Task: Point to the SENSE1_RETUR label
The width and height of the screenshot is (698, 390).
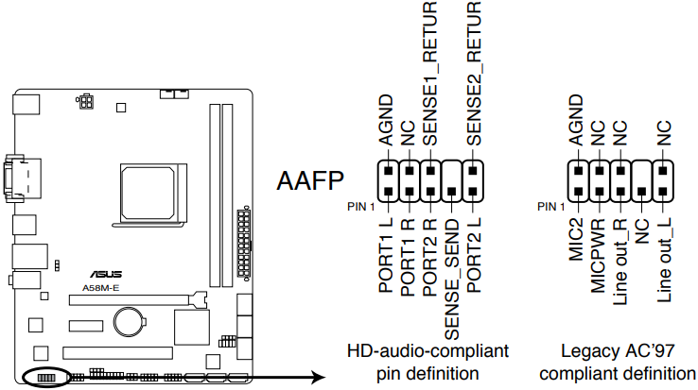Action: (430, 76)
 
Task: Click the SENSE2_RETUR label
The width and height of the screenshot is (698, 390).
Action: (474, 76)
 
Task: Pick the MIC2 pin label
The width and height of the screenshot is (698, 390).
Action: (576, 245)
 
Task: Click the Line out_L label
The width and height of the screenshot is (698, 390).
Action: (664, 265)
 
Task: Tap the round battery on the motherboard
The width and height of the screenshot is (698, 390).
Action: (129, 323)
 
